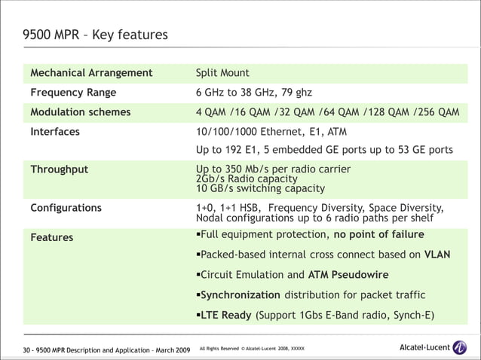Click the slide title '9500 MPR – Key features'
tap(95, 35)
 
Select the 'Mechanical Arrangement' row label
tap(91, 73)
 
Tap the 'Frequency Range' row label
tap(73, 93)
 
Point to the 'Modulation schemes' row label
tap(80, 112)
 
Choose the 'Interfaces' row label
tap(55, 131)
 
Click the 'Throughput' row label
tap(59, 169)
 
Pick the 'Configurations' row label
tap(66, 208)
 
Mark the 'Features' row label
tap(51, 237)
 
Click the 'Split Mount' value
tap(222, 73)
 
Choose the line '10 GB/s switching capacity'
tap(260, 189)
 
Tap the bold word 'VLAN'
tap(437, 255)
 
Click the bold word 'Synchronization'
tap(240, 294)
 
